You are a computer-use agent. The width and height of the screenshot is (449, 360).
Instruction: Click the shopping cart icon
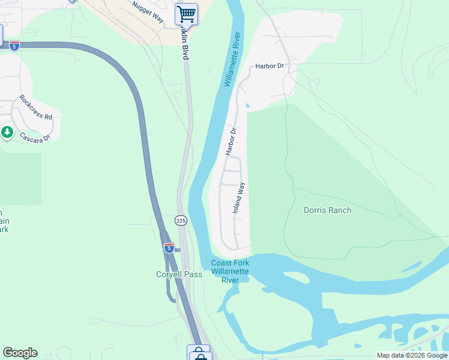186,13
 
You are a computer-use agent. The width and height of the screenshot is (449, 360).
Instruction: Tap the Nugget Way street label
147,11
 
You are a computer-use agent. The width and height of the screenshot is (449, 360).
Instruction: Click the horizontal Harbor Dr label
268,66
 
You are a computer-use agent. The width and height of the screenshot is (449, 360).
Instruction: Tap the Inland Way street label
239,199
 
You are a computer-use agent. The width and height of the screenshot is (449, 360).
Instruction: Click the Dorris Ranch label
327,211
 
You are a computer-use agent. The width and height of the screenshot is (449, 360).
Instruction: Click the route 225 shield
181,221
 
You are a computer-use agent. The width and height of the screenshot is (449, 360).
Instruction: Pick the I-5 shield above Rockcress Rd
14,45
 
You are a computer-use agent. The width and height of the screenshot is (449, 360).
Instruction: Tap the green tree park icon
7,132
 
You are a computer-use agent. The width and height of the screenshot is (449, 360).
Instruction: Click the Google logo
20,353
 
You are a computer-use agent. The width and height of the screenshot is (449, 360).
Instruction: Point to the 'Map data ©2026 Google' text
412,355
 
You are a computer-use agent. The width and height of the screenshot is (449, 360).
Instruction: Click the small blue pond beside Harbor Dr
247,107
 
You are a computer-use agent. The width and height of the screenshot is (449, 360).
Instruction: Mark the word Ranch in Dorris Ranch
340,211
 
